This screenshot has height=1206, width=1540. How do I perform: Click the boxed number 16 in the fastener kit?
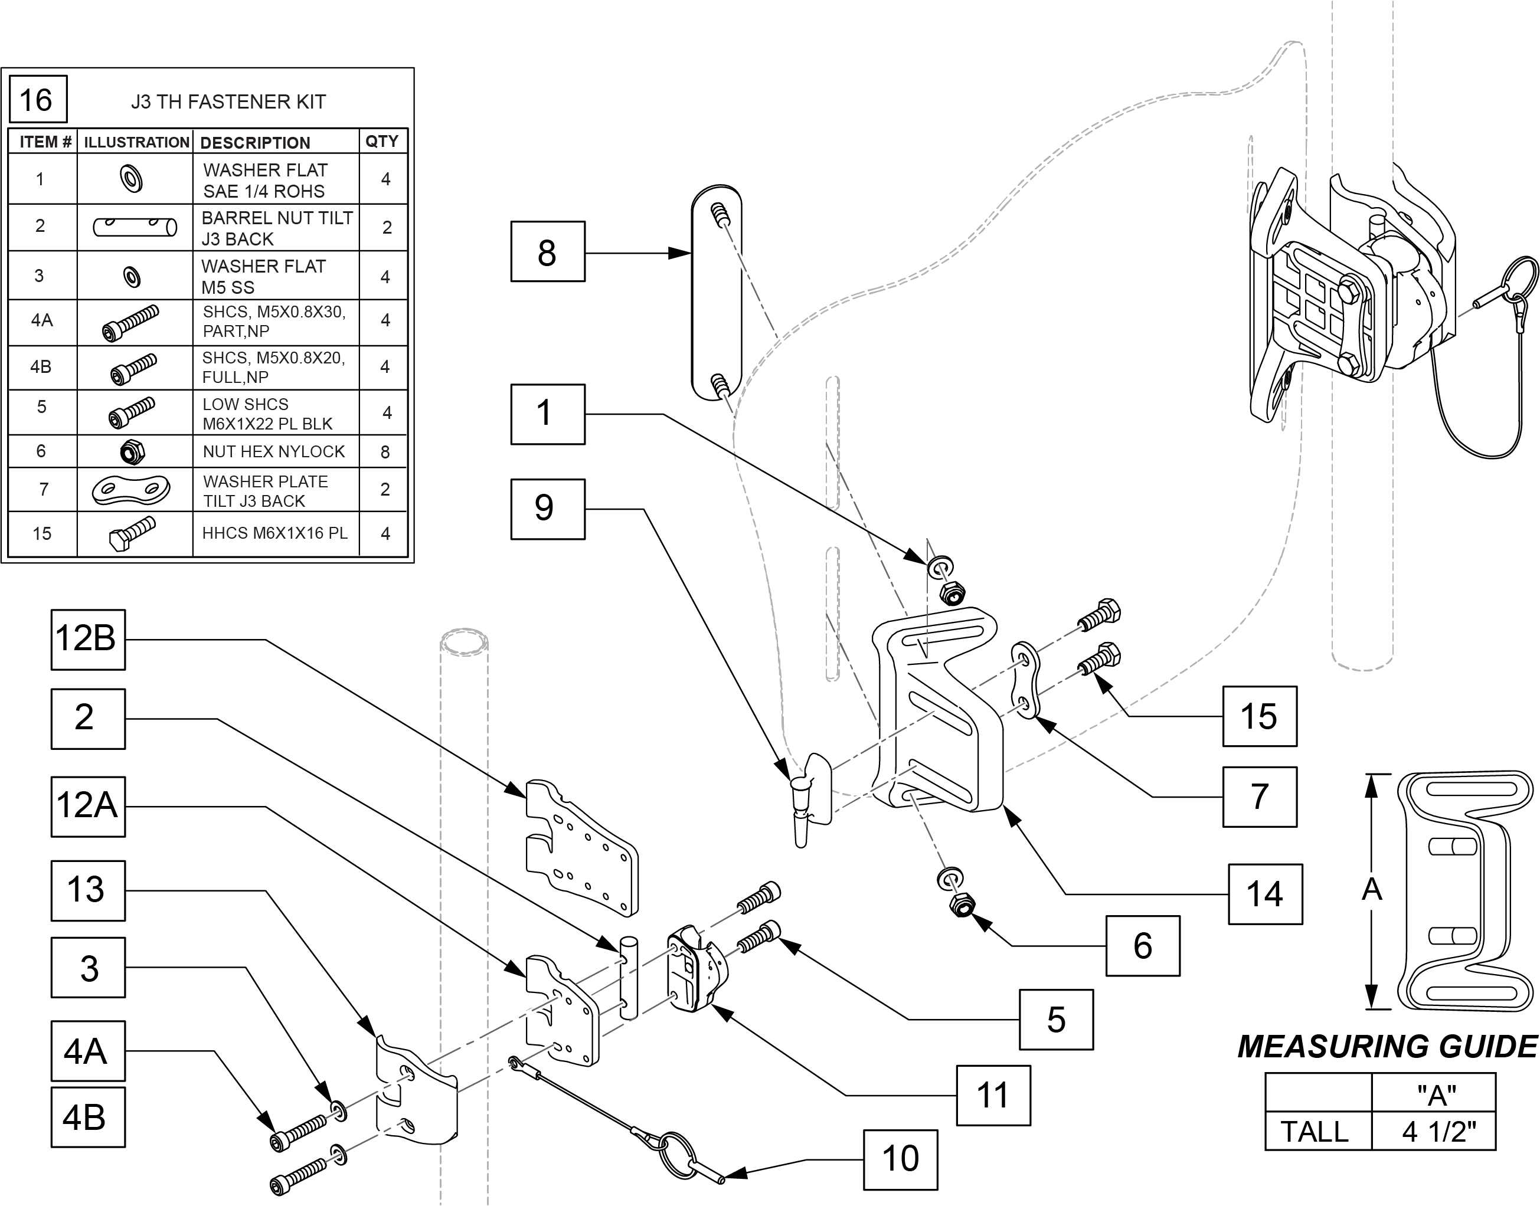38,99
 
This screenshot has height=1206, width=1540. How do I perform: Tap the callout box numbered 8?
548,252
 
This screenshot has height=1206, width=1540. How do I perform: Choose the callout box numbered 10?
901,1159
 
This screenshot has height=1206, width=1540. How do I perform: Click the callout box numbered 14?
1265,894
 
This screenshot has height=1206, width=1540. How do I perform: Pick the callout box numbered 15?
1260,716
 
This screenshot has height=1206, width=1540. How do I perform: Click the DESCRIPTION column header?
255,143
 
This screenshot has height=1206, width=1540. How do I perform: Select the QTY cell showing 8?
384,451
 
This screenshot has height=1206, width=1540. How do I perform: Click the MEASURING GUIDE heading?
1387,1047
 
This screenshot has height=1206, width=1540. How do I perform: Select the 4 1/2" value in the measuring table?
1439,1132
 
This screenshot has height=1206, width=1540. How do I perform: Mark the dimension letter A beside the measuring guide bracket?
1371,890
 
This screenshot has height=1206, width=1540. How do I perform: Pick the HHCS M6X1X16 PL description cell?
275,533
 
